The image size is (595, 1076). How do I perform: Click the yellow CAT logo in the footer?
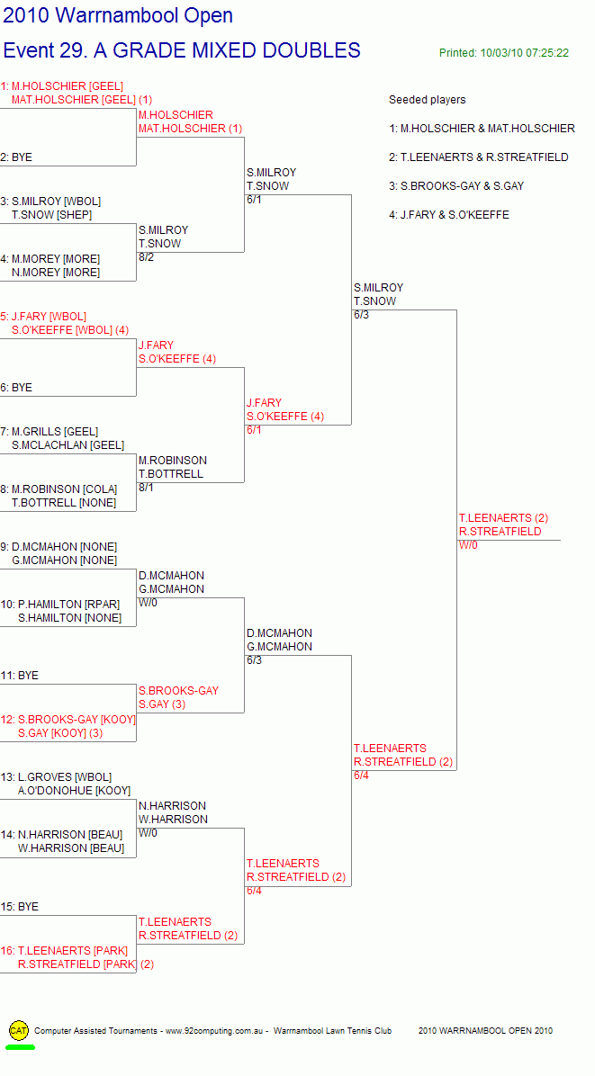(19, 1030)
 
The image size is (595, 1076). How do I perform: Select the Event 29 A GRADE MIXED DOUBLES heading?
(182, 50)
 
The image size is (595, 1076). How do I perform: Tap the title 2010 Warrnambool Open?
(118, 15)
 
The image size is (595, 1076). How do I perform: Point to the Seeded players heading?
(427, 100)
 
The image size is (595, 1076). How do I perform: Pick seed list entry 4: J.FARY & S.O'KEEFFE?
(449, 215)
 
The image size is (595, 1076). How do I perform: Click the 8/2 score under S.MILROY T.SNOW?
(146, 257)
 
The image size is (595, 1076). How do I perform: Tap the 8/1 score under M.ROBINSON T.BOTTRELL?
(146, 488)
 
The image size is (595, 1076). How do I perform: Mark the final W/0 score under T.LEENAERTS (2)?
(468, 545)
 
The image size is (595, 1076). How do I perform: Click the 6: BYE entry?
(16, 388)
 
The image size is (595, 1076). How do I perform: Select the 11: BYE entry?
(19, 676)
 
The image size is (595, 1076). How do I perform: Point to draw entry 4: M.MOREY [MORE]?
(50, 259)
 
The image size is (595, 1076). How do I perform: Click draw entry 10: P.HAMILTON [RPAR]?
(60, 605)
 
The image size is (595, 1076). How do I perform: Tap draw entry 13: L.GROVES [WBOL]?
(56, 777)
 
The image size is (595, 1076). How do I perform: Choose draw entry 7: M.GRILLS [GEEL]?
(50, 432)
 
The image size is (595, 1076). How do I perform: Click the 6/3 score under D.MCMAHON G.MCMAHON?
(254, 661)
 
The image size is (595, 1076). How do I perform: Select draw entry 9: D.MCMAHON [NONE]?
(59, 547)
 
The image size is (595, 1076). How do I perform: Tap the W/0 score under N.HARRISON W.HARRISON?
(148, 834)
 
